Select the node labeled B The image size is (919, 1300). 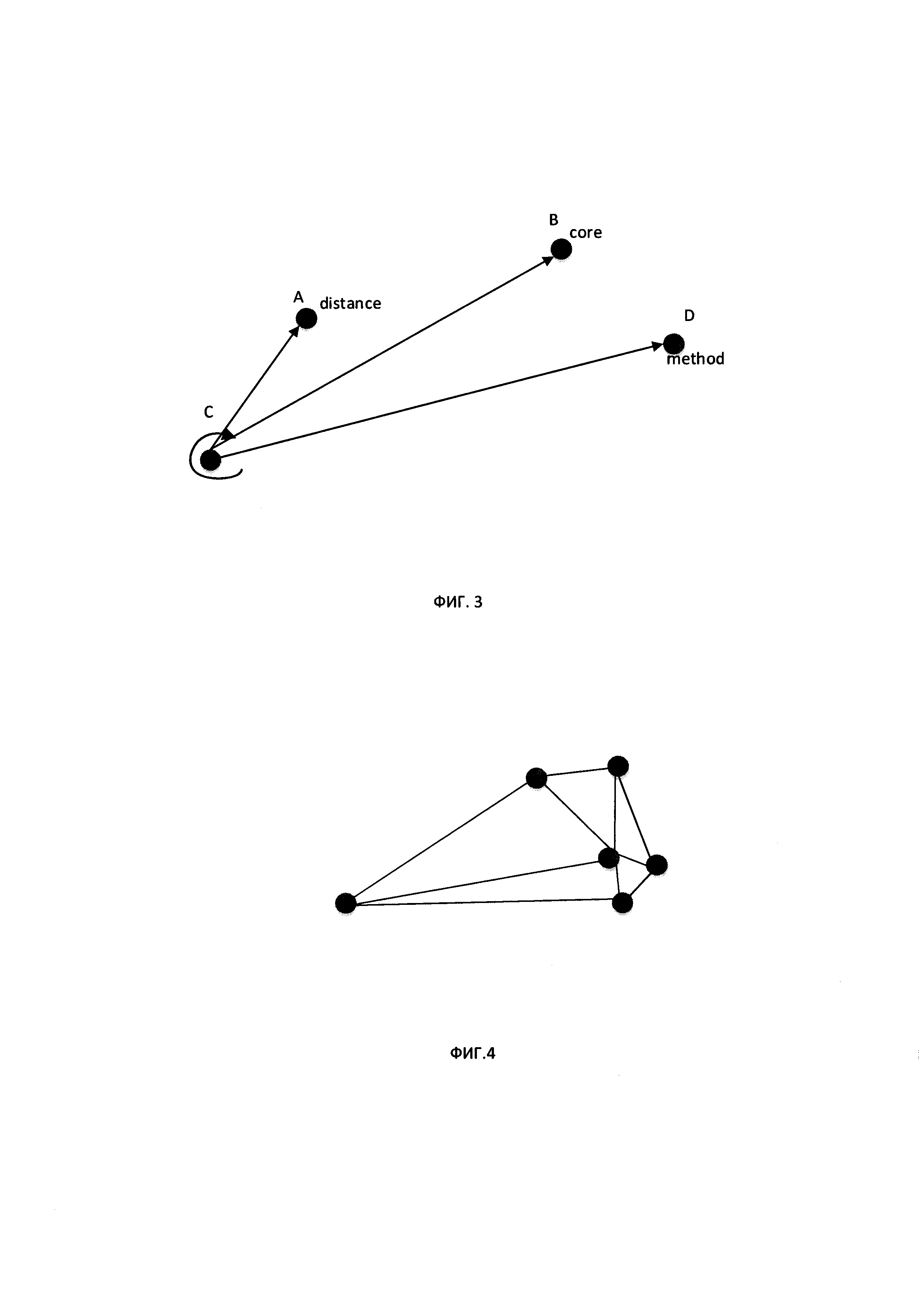(x=561, y=249)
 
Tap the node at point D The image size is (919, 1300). (x=673, y=344)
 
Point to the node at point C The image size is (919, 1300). (x=210, y=460)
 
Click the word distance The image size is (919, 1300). (x=350, y=304)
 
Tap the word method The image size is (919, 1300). (x=696, y=359)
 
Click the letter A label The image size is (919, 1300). (x=298, y=297)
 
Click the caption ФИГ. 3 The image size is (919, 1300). (x=458, y=602)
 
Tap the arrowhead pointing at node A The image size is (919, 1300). (x=294, y=331)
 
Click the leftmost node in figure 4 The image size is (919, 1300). (x=346, y=903)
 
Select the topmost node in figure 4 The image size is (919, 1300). (x=618, y=766)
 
